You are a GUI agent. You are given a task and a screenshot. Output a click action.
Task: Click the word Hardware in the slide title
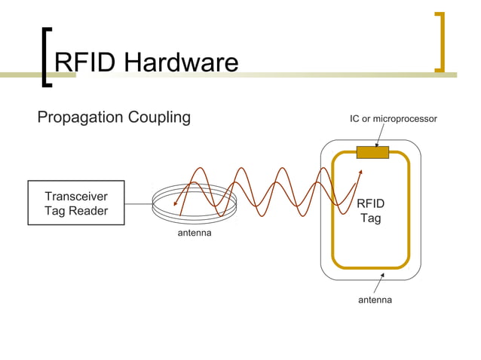pos(181,63)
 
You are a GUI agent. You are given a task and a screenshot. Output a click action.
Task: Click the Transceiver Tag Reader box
pos(76,203)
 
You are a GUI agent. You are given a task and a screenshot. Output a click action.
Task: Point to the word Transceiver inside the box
pos(76,197)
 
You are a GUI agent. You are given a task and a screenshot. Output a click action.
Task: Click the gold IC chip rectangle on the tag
pos(372,153)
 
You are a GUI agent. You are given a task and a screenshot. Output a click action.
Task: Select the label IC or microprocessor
pos(393,119)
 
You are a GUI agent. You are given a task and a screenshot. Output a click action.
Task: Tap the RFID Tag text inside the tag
pos(370,211)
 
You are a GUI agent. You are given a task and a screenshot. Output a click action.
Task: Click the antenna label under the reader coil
pos(195,233)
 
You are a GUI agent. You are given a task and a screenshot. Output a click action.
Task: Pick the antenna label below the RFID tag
pos(375,300)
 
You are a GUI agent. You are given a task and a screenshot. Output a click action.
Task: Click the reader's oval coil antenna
pos(195,213)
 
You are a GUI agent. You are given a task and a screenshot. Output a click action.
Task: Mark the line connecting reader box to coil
pos(138,204)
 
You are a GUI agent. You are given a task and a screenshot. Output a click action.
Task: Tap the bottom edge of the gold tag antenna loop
pos(370,267)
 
